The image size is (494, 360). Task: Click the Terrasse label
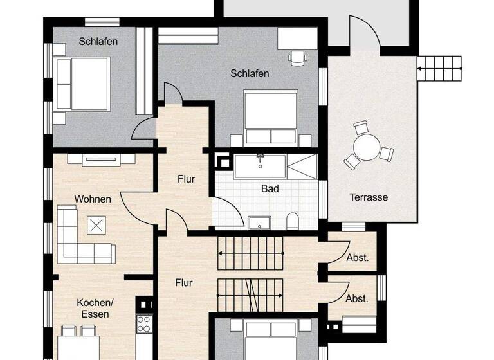coord(369,197)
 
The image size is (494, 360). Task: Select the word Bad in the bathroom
coord(270,189)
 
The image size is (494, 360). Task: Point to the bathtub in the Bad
coord(259,166)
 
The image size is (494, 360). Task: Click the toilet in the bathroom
coord(293,221)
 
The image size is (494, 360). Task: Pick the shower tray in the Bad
coord(302,166)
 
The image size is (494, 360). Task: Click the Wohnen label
coord(93,199)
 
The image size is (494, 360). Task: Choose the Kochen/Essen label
coord(95,308)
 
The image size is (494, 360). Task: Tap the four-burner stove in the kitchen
coord(144,323)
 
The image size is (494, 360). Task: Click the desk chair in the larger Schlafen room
coord(298,59)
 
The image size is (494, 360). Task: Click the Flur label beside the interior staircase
coord(184,282)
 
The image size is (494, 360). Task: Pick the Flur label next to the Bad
coord(186,179)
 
